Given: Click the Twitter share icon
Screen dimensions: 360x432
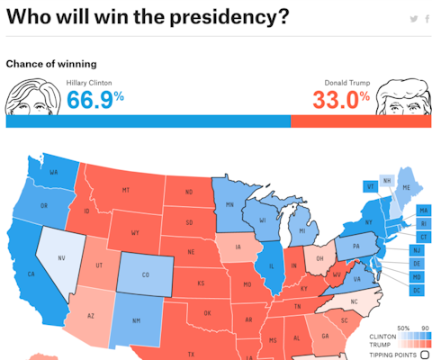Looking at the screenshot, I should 413,19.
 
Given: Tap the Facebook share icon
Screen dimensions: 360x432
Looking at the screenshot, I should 427,19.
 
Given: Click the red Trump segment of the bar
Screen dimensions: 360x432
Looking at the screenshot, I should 361,121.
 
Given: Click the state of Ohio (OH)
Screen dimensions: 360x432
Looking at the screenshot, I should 319,258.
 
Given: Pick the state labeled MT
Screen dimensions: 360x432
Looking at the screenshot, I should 126,190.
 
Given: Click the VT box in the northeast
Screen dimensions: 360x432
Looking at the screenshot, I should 370,186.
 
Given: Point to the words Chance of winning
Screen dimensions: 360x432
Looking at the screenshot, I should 51,64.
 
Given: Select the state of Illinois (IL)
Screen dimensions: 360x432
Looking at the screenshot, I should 270,266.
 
